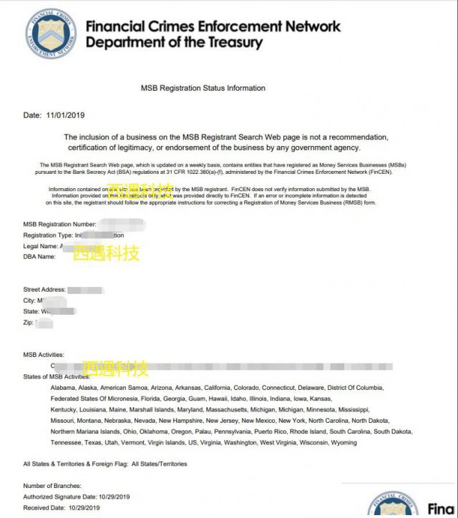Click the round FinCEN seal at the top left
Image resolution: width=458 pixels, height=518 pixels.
(50, 34)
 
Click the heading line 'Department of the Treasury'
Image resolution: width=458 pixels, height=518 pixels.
(174, 42)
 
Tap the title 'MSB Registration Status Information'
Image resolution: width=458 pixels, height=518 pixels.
(203, 89)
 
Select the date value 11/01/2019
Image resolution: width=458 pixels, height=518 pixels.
(65, 115)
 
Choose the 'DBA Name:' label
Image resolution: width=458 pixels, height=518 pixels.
(39, 256)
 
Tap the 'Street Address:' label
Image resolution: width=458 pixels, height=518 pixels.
(44, 290)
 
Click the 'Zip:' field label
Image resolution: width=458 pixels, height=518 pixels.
(29, 323)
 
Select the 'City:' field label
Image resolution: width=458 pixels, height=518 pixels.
(29, 300)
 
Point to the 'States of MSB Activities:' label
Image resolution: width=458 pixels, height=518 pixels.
(57, 376)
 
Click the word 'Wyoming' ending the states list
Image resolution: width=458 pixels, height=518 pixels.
(343, 443)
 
